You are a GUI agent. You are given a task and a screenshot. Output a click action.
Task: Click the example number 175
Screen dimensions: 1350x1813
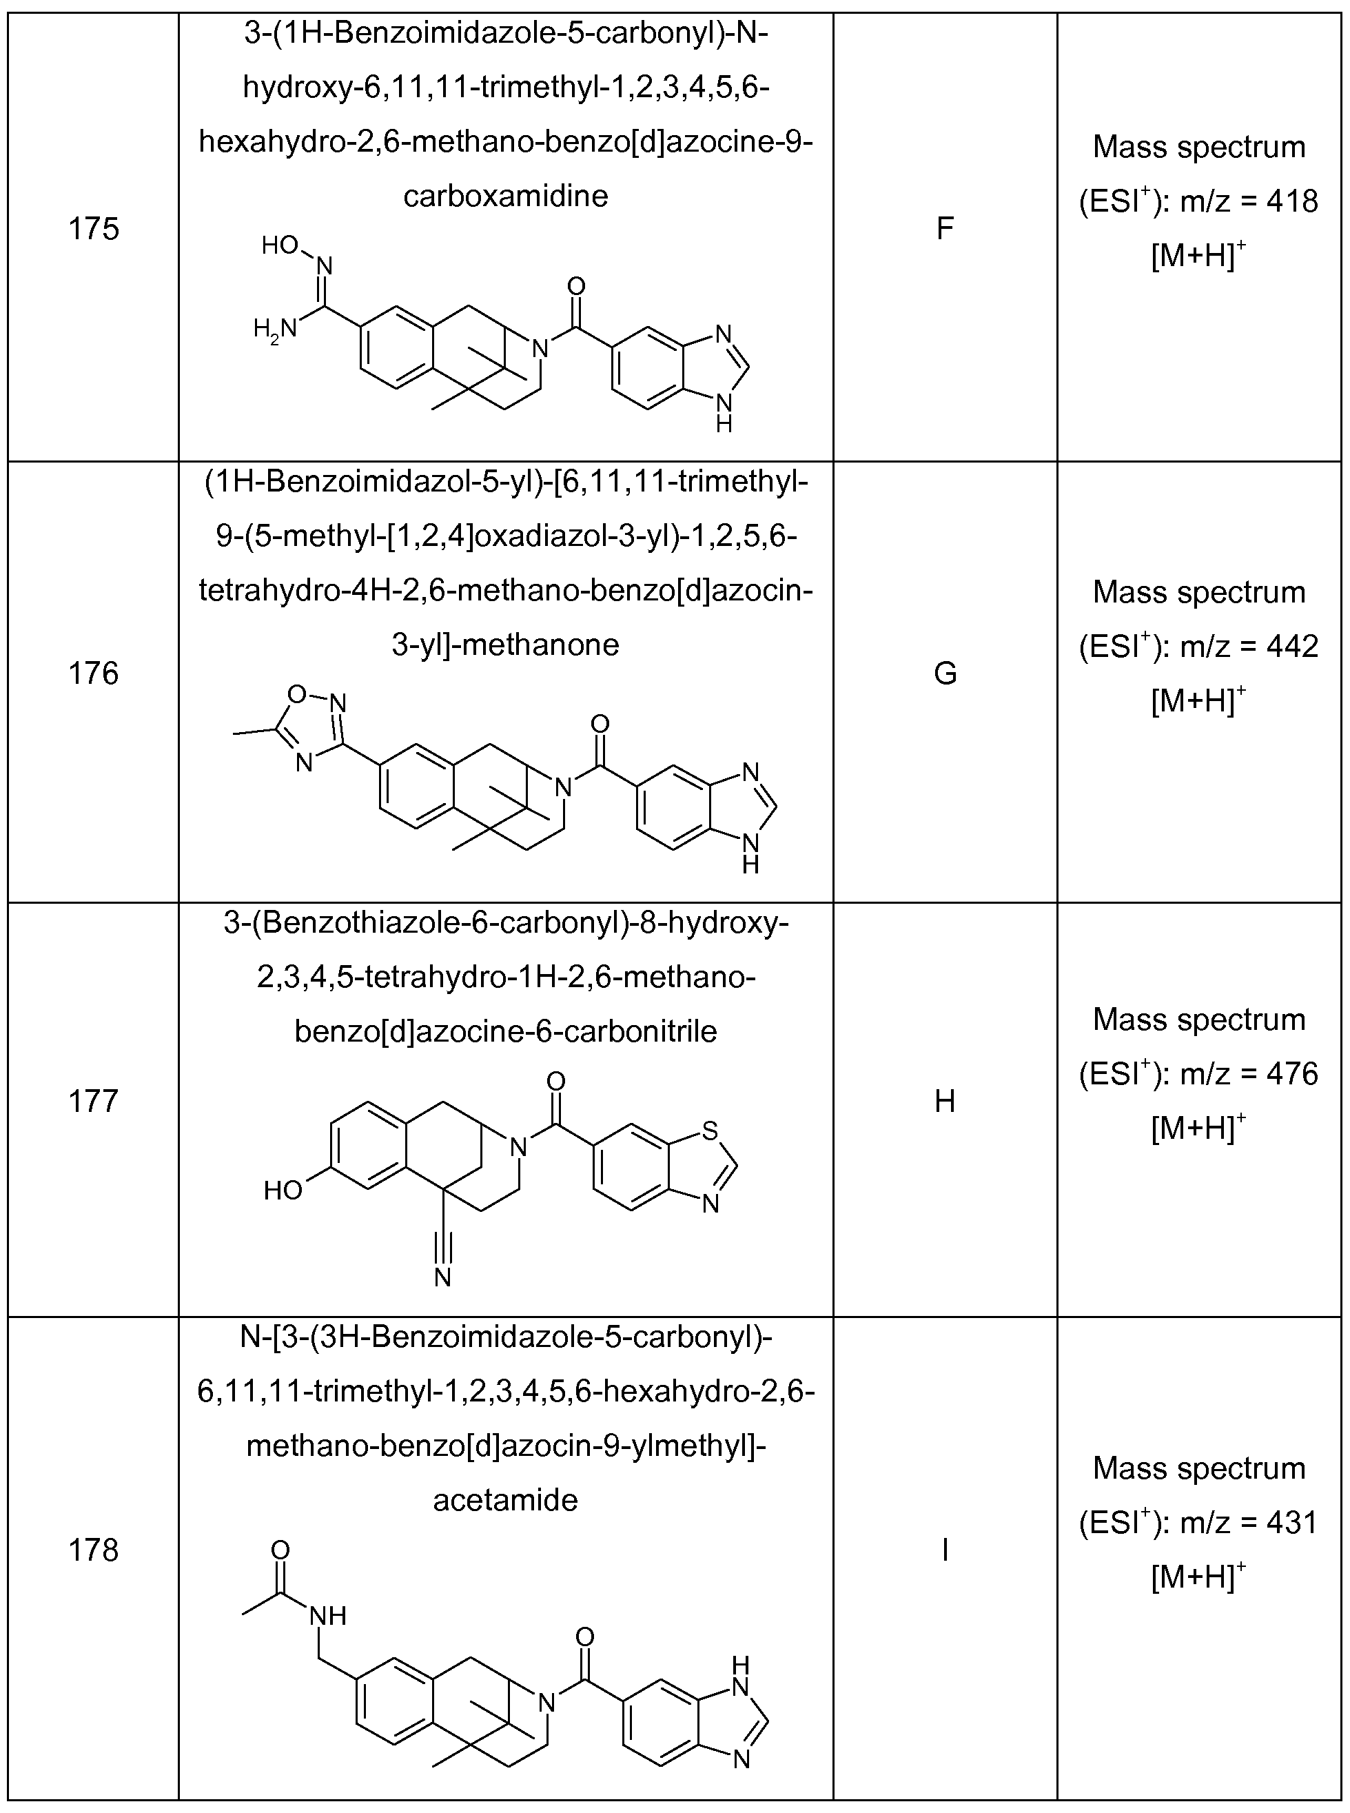(x=93, y=229)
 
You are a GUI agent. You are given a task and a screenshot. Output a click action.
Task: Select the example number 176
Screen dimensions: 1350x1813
(x=93, y=673)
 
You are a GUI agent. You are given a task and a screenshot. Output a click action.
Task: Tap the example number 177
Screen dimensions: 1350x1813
(x=93, y=1101)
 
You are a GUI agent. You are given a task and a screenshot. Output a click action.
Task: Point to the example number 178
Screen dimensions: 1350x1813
(x=93, y=1550)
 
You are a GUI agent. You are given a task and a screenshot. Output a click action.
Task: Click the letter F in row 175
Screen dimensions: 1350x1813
(x=945, y=229)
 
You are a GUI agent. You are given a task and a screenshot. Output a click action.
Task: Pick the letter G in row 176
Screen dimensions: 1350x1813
(x=945, y=673)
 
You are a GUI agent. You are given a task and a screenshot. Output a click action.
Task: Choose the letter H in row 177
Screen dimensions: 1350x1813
(x=945, y=1101)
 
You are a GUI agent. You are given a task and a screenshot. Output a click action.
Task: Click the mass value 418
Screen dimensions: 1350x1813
(x=1292, y=201)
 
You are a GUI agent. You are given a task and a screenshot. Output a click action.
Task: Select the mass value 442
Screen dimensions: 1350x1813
(x=1292, y=647)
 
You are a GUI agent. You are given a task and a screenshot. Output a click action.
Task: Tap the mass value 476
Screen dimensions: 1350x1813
(x=1292, y=1074)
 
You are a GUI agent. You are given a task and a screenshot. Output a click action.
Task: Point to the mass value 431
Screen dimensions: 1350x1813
(x=1292, y=1523)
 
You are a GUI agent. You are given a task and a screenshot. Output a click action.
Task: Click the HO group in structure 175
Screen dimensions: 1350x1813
(x=280, y=245)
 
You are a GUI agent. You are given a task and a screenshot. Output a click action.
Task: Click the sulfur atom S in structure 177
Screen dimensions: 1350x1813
(x=709, y=1131)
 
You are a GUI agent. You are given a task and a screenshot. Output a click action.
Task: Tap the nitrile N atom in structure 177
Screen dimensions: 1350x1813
(x=443, y=1277)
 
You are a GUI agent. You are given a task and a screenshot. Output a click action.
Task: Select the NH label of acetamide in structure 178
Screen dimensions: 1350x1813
(x=329, y=1616)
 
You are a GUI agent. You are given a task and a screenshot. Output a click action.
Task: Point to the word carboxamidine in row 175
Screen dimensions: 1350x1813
(x=506, y=196)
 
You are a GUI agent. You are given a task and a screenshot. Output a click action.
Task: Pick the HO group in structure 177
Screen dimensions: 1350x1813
(x=283, y=1190)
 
